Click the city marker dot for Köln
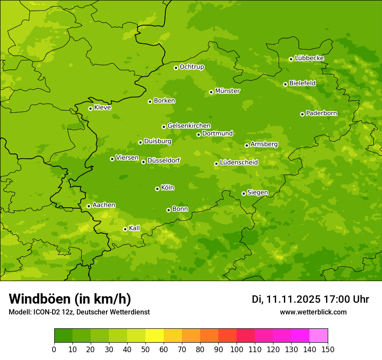[x=157, y=189]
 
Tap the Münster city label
[x=227, y=91]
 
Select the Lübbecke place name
[x=309, y=58]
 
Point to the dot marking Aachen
[x=89, y=206]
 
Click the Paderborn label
[x=321, y=113]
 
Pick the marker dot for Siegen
[x=244, y=193]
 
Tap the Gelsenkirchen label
[x=189, y=126]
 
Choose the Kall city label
[x=135, y=228]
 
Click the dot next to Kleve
[x=90, y=108]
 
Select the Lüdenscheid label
[x=239, y=163]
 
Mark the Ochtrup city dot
[x=176, y=68]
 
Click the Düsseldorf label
[x=163, y=160]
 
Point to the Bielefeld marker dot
[x=285, y=84]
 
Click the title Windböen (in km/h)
[x=70, y=299]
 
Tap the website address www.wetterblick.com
[x=313, y=312]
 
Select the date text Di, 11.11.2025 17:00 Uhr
[x=310, y=299]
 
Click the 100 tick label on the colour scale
[x=236, y=349]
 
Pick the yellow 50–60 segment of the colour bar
[x=155, y=336]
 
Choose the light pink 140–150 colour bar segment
[x=319, y=336]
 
